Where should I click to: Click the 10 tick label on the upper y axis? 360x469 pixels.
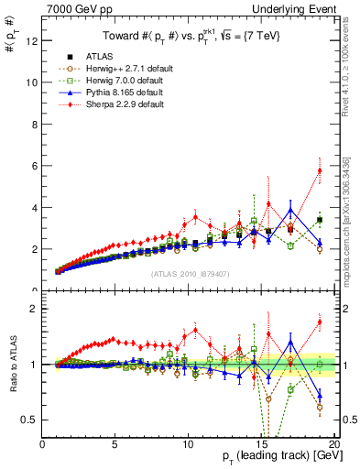(x=32, y=82)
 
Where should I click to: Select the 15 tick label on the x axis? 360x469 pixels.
(x=263, y=443)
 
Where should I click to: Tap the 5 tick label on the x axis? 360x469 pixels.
(x=115, y=443)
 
